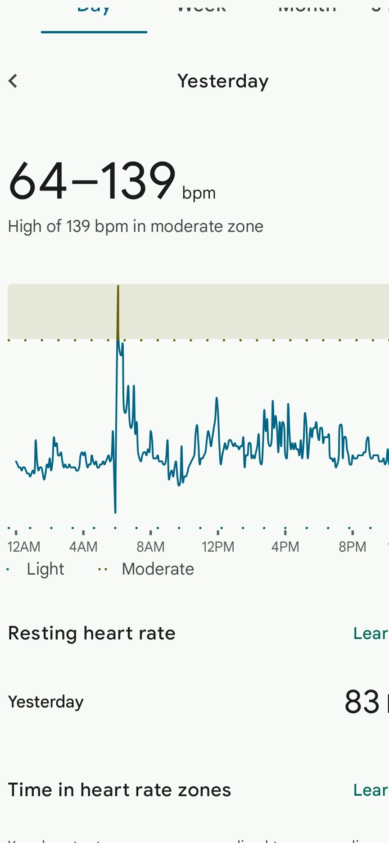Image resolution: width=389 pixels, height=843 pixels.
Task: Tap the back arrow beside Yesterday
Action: coord(13,81)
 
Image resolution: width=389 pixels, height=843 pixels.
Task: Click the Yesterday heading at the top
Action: coord(223,81)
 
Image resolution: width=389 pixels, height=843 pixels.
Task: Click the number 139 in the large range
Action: coord(138,181)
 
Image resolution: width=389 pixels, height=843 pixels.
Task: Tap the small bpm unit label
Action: coord(199,193)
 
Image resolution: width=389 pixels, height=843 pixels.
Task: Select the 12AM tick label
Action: coord(24,547)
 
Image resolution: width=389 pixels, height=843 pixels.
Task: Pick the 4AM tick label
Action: coord(83,547)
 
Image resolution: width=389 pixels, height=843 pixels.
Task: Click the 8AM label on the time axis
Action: coord(150,547)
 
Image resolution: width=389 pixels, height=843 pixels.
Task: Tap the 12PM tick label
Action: coord(218,547)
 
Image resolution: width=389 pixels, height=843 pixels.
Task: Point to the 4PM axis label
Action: coord(285,547)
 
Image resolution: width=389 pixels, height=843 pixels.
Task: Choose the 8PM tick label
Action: coord(352,547)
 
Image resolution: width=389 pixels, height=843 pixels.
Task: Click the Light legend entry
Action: coord(45,569)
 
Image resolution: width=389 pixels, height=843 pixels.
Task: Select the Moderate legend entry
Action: coord(158,569)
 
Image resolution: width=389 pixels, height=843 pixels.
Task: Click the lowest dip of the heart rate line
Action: coord(115,512)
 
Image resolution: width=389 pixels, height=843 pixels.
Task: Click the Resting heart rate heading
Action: coord(92,633)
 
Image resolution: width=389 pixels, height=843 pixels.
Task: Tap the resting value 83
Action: coord(362,702)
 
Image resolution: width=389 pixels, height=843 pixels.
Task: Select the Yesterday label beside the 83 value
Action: coord(46,702)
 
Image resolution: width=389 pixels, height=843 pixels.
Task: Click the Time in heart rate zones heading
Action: coord(119,790)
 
